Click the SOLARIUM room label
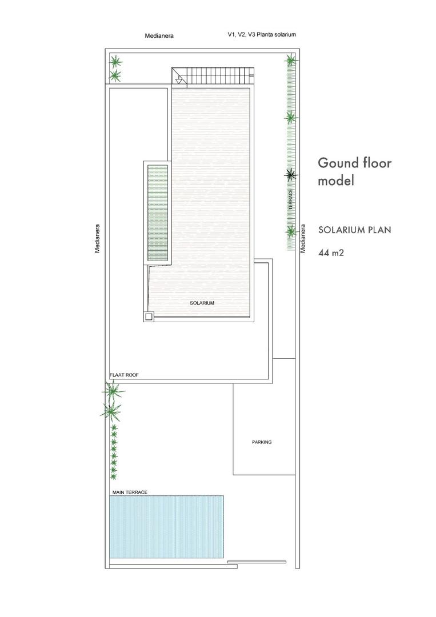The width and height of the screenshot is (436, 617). click(x=202, y=303)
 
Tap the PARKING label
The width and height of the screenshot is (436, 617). click(x=262, y=442)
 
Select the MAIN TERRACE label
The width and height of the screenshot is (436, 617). click(x=130, y=492)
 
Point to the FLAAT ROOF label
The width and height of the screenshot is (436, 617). click(x=124, y=375)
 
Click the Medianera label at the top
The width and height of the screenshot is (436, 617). click(x=159, y=35)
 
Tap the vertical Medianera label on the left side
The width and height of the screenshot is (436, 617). click(x=98, y=238)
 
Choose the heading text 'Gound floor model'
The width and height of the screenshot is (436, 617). click(x=354, y=171)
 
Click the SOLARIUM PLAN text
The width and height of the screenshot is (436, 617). click(x=354, y=230)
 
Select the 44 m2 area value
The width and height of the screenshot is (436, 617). click(x=331, y=251)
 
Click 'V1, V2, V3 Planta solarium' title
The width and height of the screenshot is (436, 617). click(x=262, y=34)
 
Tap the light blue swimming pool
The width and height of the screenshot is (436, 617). click(x=166, y=527)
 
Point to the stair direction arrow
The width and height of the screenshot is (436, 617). click(x=179, y=79)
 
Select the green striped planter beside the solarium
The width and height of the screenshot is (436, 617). click(x=158, y=214)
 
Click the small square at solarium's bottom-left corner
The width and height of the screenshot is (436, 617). click(x=149, y=316)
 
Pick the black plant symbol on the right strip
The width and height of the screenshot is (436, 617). click(x=291, y=175)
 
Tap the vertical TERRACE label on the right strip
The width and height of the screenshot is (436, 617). click(x=291, y=199)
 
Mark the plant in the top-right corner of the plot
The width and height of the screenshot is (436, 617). click(x=291, y=59)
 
